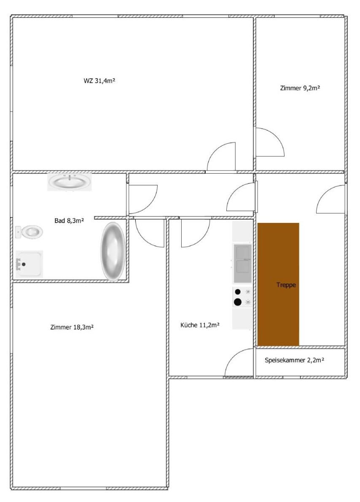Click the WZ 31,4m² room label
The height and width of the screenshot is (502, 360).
(99, 81)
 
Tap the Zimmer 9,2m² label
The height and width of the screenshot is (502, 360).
(300, 88)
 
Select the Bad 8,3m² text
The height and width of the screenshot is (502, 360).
(69, 220)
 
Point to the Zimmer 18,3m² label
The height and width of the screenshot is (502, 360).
(72, 327)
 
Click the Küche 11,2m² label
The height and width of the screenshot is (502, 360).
(200, 325)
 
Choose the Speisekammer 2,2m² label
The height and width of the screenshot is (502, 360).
(294, 360)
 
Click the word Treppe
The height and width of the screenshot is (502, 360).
(286, 285)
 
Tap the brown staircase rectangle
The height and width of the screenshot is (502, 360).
(278, 284)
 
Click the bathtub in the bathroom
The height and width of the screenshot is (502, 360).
(113, 252)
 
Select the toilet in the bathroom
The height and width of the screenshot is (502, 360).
(29, 232)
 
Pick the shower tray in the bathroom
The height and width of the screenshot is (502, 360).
(29, 264)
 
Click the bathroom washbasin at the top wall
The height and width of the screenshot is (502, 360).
(70, 182)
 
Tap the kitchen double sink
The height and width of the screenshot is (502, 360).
(242, 263)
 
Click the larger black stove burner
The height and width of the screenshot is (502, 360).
(238, 302)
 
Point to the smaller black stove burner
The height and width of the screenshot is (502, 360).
(238, 292)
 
